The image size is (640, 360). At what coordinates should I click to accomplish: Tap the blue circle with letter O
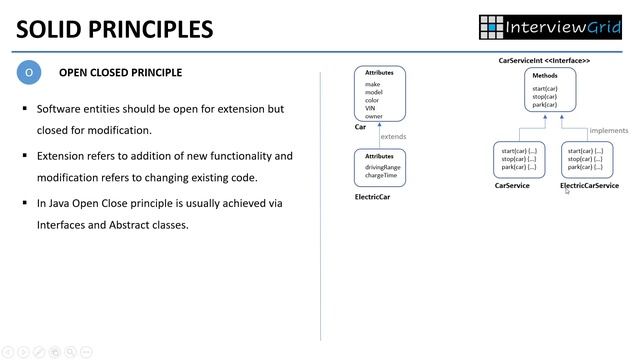point(29,73)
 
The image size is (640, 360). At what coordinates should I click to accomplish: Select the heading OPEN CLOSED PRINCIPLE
point(120,73)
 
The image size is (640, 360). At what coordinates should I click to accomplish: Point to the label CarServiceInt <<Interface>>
point(544,61)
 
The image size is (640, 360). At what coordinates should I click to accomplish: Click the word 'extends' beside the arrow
point(393,136)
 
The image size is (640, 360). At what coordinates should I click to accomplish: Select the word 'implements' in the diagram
point(608,130)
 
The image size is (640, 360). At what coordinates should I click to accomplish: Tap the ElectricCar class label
point(372,197)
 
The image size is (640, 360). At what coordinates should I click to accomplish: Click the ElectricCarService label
point(589,186)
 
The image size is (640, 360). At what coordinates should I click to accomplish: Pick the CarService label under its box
point(512,186)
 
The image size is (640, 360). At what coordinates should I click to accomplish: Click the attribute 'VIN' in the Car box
point(371,108)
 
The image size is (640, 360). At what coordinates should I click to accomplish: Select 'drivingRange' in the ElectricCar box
point(382,167)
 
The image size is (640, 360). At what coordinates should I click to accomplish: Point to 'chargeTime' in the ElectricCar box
point(380,175)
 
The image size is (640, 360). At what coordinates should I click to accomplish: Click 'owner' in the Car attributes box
point(373,116)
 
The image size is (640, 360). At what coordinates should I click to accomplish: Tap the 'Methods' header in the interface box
point(545,76)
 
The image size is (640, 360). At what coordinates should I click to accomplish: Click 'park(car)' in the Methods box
point(545,104)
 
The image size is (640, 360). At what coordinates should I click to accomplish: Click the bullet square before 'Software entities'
point(25,107)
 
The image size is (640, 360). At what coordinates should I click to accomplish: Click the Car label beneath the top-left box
point(360,127)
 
